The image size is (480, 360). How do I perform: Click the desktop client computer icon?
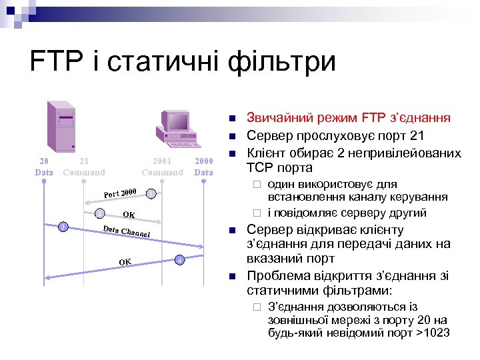coord(174,127)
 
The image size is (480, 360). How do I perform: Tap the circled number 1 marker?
coord(152,193)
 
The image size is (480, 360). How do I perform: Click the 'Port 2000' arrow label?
coord(120,193)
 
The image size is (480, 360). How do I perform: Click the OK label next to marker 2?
coord(129,215)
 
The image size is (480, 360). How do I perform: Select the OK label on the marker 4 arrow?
coord(125,261)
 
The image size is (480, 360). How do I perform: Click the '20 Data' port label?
coord(43,167)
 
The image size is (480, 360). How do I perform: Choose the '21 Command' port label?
coord(84,167)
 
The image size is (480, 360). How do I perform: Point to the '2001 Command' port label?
coord(162,167)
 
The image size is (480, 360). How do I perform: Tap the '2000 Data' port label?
coord(203,167)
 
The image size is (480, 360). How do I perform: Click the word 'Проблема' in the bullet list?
coord(277,276)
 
